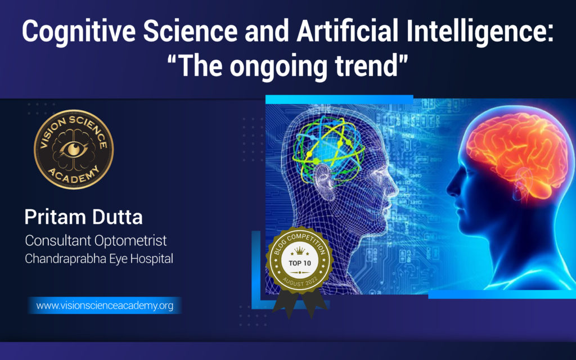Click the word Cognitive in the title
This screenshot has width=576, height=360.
point(79,32)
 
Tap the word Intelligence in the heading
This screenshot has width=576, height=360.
point(480,32)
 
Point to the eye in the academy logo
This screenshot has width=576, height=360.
point(74,148)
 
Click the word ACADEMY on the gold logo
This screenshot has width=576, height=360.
point(74,174)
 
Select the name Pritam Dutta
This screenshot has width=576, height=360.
point(83,217)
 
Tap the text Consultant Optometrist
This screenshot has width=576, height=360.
point(96,241)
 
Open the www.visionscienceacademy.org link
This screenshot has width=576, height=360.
point(105,305)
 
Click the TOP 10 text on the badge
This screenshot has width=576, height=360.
point(300,263)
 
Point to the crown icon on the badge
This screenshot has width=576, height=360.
point(300,251)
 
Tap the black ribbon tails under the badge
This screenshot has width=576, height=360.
point(300,303)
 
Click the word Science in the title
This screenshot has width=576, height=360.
point(190,31)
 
